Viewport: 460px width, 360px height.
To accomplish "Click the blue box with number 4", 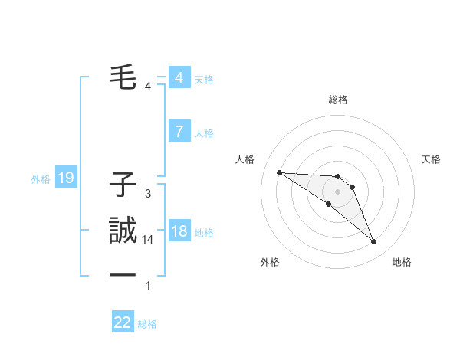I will tap(179, 77).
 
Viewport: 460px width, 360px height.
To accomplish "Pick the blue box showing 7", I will tap(179, 132).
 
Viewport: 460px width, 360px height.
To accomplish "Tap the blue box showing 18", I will tap(179, 231).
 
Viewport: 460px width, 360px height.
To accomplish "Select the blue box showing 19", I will tap(65, 178).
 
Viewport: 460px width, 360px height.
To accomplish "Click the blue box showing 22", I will tap(123, 322).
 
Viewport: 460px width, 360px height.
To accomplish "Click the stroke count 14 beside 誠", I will tap(148, 240).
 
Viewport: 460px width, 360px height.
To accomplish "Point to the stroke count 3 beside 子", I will tap(148, 194).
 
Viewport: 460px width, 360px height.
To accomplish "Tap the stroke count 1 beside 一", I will tap(148, 286).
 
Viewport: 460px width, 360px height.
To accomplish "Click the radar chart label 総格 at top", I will tap(338, 100).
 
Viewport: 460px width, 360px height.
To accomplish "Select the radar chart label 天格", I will tap(432, 159).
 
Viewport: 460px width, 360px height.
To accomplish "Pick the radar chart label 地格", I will tap(402, 262).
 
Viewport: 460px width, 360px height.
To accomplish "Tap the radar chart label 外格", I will tap(270, 262).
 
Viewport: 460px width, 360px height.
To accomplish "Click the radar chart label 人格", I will tap(245, 159).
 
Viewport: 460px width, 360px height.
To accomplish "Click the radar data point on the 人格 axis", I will tap(279, 172).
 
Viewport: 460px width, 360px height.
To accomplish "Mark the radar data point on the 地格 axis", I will tap(373, 242).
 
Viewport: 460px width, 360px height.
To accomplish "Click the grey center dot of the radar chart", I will tap(337, 191).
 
